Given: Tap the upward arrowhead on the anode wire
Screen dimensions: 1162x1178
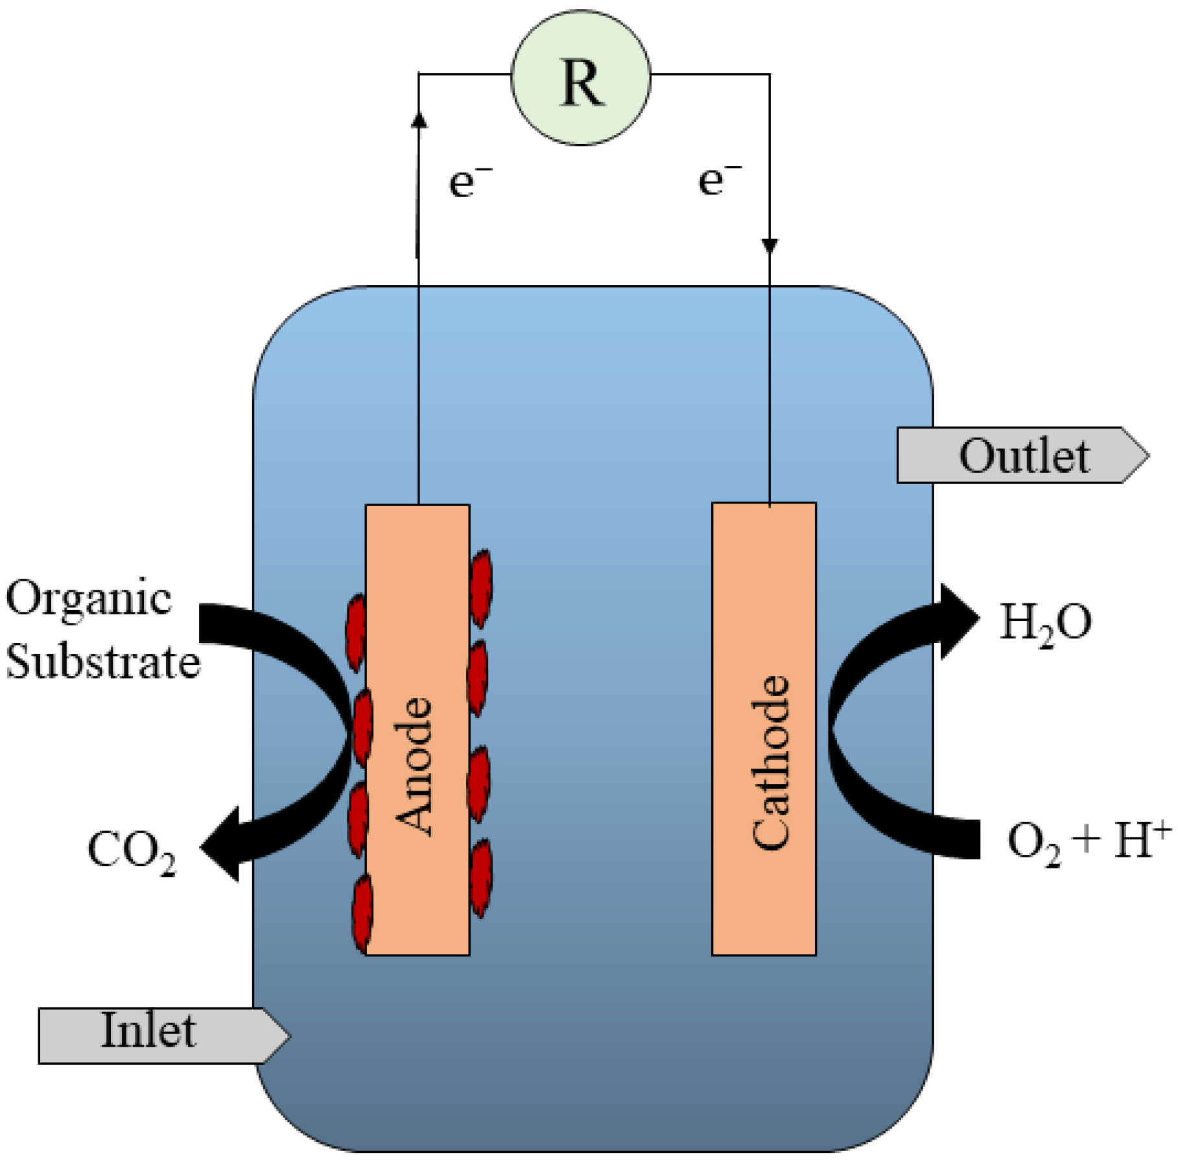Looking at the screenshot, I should (419, 120).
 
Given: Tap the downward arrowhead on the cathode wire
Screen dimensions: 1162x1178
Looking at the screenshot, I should (770, 246).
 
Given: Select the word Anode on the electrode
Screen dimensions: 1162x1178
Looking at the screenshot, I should (414, 765).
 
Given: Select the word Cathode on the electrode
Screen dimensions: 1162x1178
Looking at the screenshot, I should (771, 761).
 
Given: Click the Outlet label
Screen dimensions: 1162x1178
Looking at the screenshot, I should (1024, 456).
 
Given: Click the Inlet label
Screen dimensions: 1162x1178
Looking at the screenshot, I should (148, 1030).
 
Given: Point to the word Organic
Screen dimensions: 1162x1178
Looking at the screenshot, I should (89, 597).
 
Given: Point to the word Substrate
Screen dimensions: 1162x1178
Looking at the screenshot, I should (102, 662).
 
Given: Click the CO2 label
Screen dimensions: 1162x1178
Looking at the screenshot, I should (132, 851).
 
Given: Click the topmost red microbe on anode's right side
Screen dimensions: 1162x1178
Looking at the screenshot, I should (480, 587).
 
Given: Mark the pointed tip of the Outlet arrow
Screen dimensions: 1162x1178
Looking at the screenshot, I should (1147, 456).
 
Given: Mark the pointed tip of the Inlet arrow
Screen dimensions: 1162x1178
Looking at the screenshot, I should (289, 1035).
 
